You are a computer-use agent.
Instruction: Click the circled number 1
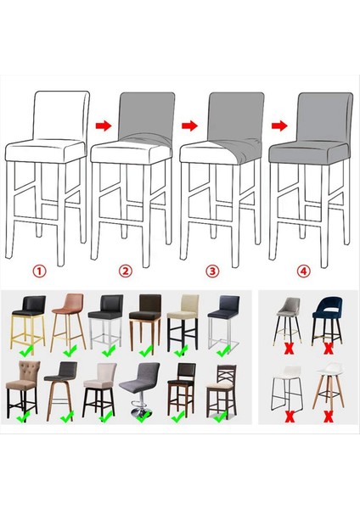(x=39, y=271)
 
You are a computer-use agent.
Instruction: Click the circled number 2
(x=126, y=271)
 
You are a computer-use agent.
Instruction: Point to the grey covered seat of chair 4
(x=307, y=154)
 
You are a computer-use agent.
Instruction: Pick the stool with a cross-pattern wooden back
(x=222, y=386)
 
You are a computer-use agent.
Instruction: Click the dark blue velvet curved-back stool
(x=328, y=317)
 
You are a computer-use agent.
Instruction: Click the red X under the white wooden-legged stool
(x=328, y=417)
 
